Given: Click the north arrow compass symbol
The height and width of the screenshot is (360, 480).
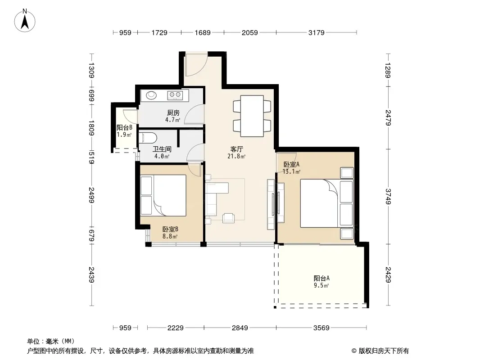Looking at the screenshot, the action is (x=25, y=21).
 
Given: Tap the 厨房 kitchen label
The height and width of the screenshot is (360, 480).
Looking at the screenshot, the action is (x=173, y=113).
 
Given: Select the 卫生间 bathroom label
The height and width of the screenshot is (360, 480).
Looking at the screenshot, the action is (x=162, y=149).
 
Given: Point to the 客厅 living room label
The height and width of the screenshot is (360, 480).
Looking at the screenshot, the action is (x=237, y=149).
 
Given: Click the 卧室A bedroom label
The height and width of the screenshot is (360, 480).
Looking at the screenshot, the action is (x=291, y=165).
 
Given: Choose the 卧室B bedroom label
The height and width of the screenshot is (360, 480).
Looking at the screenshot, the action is (x=170, y=229).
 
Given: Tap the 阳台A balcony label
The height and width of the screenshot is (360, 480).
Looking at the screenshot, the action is (x=322, y=279).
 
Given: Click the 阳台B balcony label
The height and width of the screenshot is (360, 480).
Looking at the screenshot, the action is (x=124, y=127).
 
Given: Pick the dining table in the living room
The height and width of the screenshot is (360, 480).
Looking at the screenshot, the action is (x=252, y=116).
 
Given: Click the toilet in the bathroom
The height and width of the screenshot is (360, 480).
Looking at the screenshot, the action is (x=148, y=138).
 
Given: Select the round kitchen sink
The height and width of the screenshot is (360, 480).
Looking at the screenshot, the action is (x=151, y=95).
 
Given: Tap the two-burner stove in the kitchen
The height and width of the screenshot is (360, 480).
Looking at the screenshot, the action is (x=175, y=95).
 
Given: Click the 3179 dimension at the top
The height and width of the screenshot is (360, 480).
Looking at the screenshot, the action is (x=316, y=32).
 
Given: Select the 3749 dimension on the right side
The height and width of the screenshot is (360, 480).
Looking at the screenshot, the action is (x=388, y=196).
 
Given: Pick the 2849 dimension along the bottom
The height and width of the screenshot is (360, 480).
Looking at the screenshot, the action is (x=240, y=328).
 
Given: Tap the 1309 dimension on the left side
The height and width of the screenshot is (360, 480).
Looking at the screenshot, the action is (x=91, y=70).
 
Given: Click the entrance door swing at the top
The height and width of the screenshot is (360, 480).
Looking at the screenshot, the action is (x=196, y=65).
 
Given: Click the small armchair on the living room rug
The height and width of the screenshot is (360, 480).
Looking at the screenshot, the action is (x=228, y=217).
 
